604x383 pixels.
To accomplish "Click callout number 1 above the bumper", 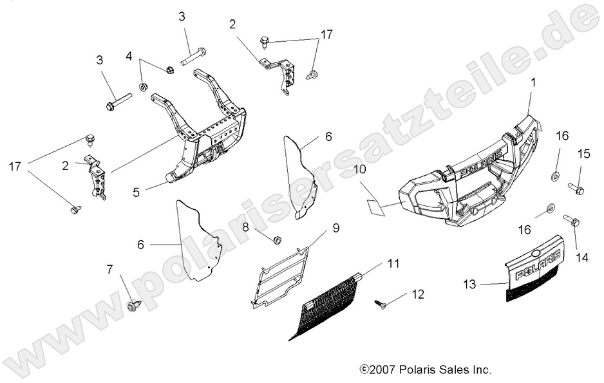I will (x=533, y=82).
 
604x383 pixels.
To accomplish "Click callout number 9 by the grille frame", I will (x=335, y=228).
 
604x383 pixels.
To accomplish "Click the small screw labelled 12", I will (x=380, y=304).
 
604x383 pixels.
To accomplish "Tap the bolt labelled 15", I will (x=576, y=189).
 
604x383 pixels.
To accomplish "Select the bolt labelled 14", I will (x=571, y=221).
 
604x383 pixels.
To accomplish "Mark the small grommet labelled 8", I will (x=278, y=239).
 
